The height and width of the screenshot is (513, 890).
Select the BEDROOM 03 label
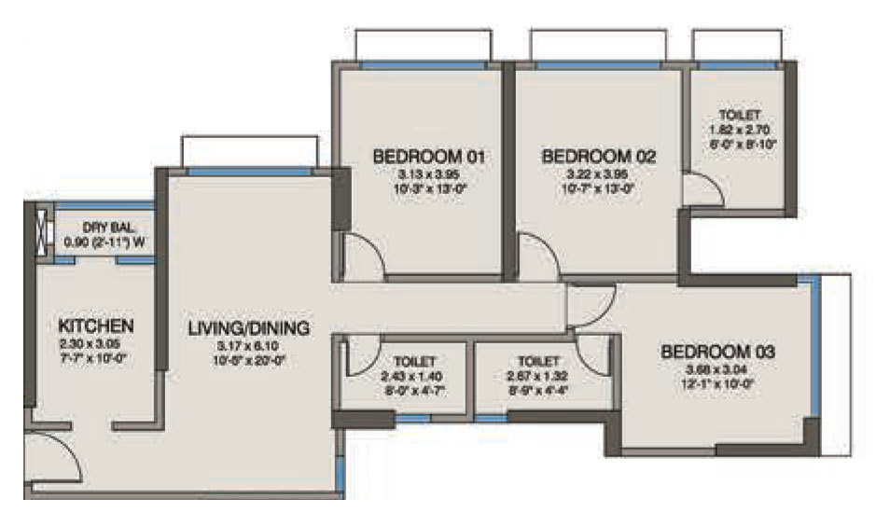coord(718,353)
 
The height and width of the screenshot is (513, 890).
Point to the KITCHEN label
coord(96,326)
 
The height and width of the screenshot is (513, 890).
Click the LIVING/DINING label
coord(248,328)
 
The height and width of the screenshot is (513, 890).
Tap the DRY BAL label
coord(106,228)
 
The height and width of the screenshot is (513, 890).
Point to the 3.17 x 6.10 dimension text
coord(248,347)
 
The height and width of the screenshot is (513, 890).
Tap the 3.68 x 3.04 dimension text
coord(718,370)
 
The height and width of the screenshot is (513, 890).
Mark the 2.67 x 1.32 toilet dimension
coord(536,377)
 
